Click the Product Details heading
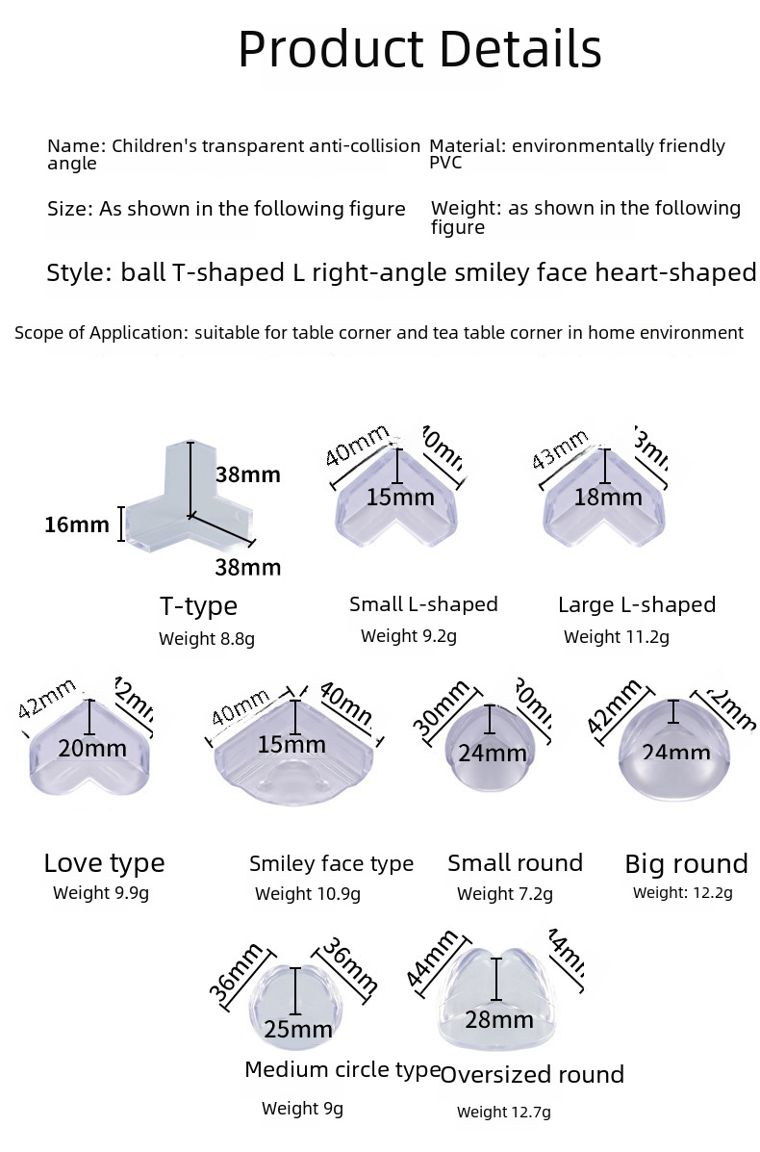pos(419,49)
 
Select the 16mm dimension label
pos(76,525)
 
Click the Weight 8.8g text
pos(207,638)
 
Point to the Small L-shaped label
pos(423,604)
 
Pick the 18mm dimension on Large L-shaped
pos(607,498)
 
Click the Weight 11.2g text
pos(617,636)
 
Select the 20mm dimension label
pos(91,748)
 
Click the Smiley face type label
pos(331,863)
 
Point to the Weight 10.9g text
pos(308,894)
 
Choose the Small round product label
pos(515,862)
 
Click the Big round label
pos(686,863)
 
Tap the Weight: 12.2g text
pos(683,892)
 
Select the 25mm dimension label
pos(298,1030)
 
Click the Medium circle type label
pos(342,1069)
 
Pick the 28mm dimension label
pos(498,1019)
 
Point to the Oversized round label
pos(532,1074)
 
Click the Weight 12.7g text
pos(504,1113)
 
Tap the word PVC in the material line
pos(445,163)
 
